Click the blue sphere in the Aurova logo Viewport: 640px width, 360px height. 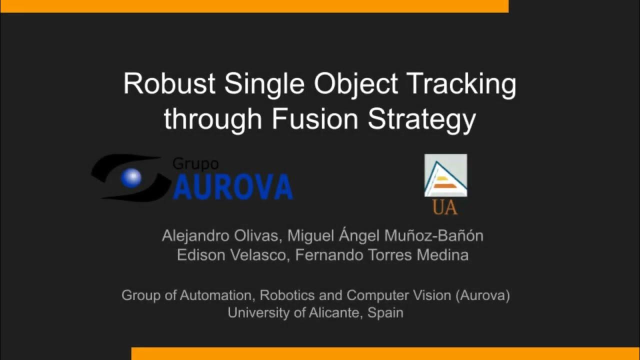tap(132, 178)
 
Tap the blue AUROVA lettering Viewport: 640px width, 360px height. tap(232, 186)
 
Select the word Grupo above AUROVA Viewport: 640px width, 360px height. tap(195, 163)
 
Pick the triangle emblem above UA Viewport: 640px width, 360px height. tap(445, 175)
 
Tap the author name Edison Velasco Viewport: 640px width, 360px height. tap(231, 255)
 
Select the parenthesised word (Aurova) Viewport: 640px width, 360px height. tap(482, 295)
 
